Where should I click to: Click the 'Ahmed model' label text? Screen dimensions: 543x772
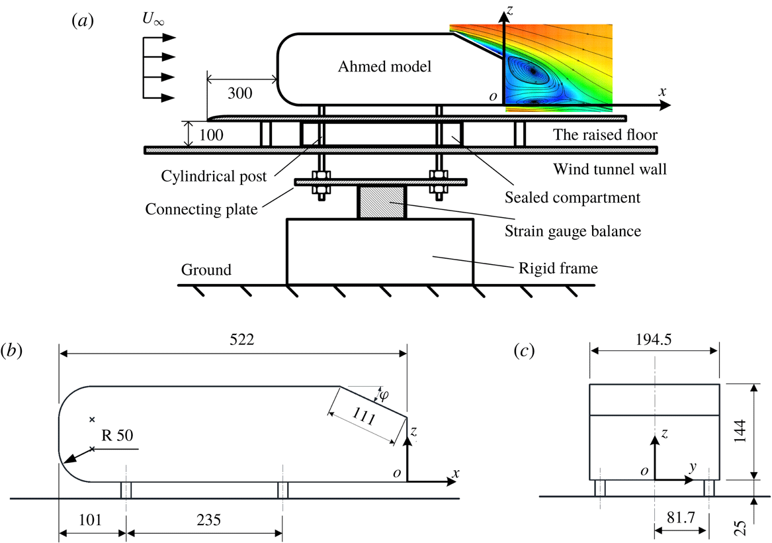(384, 66)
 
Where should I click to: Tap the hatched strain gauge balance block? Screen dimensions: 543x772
(381, 202)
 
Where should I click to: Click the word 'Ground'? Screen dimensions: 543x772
(206, 270)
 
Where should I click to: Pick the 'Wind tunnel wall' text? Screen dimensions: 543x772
(609, 170)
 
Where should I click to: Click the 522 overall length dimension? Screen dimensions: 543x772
(232, 340)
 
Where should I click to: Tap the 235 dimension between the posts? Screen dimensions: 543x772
(204, 520)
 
